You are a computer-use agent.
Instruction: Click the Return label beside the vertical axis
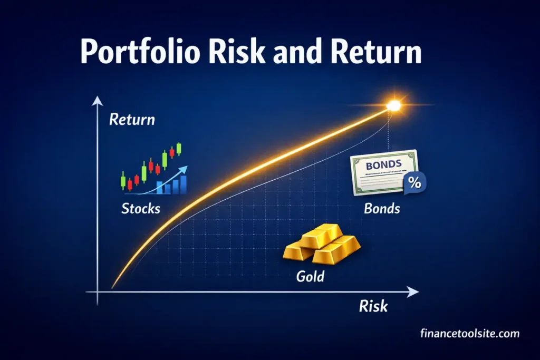[x=132, y=119]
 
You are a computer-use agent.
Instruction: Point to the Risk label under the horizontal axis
[x=373, y=306]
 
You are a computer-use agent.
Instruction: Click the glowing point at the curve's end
[x=393, y=106]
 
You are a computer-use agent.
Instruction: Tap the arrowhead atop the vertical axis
[x=98, y=101]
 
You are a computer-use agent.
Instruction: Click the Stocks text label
[x=140, y=208]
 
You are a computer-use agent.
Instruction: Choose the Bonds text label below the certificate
[x=382, y=208]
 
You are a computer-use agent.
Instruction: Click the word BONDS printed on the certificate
[x=383, y=166]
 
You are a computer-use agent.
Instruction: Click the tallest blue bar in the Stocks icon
[x=182, y=184]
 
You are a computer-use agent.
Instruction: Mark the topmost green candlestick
[x=179, y=148]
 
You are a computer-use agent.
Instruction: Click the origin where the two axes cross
[x=98, y=291]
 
